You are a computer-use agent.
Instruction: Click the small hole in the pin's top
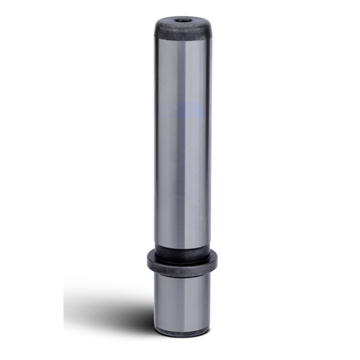pos(182,20)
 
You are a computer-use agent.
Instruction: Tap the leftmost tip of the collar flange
pos(148,260)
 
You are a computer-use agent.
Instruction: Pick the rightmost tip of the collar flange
pos(217,260)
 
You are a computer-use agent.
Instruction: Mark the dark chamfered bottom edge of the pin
pos(182,333)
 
